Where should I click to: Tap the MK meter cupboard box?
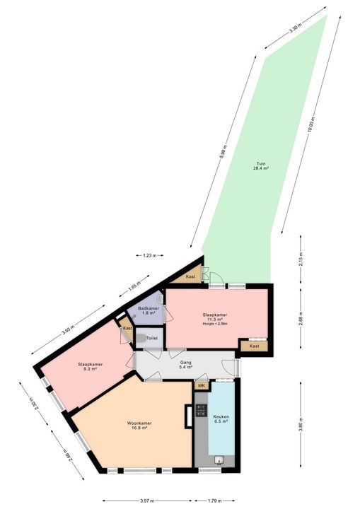point(201,385)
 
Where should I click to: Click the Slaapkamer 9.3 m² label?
point(91,366)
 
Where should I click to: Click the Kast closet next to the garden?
point(191,276)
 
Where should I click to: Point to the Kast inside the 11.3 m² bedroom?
point(254,346)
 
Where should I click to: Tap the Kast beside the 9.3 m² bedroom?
point(127,329)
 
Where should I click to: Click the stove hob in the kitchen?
point(200,409)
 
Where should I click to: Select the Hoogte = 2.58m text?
point(213,323)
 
